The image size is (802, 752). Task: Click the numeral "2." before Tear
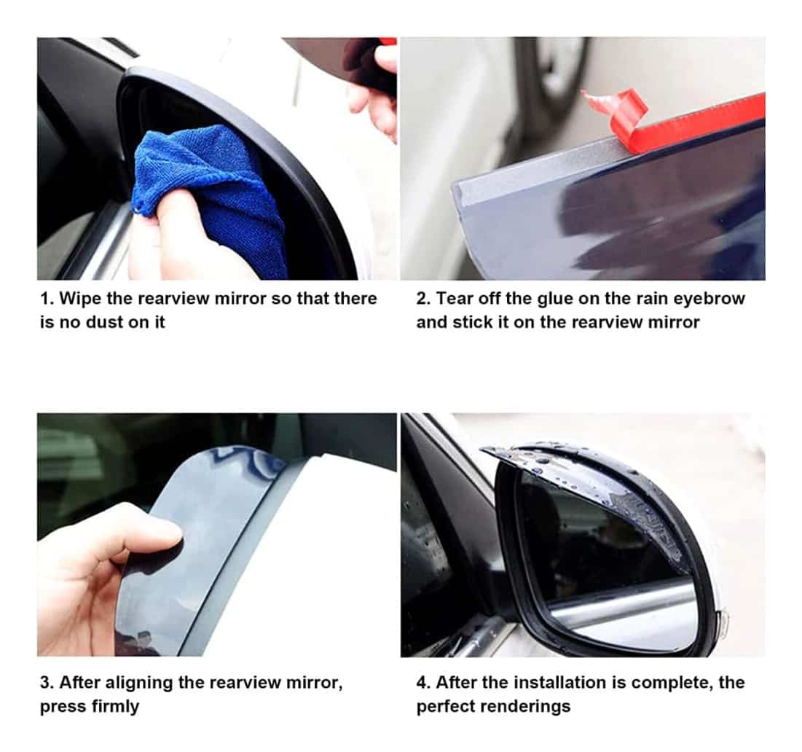(423, 298)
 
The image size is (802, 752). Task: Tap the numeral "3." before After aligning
(47, 683)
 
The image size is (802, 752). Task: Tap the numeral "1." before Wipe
(47, 298)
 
